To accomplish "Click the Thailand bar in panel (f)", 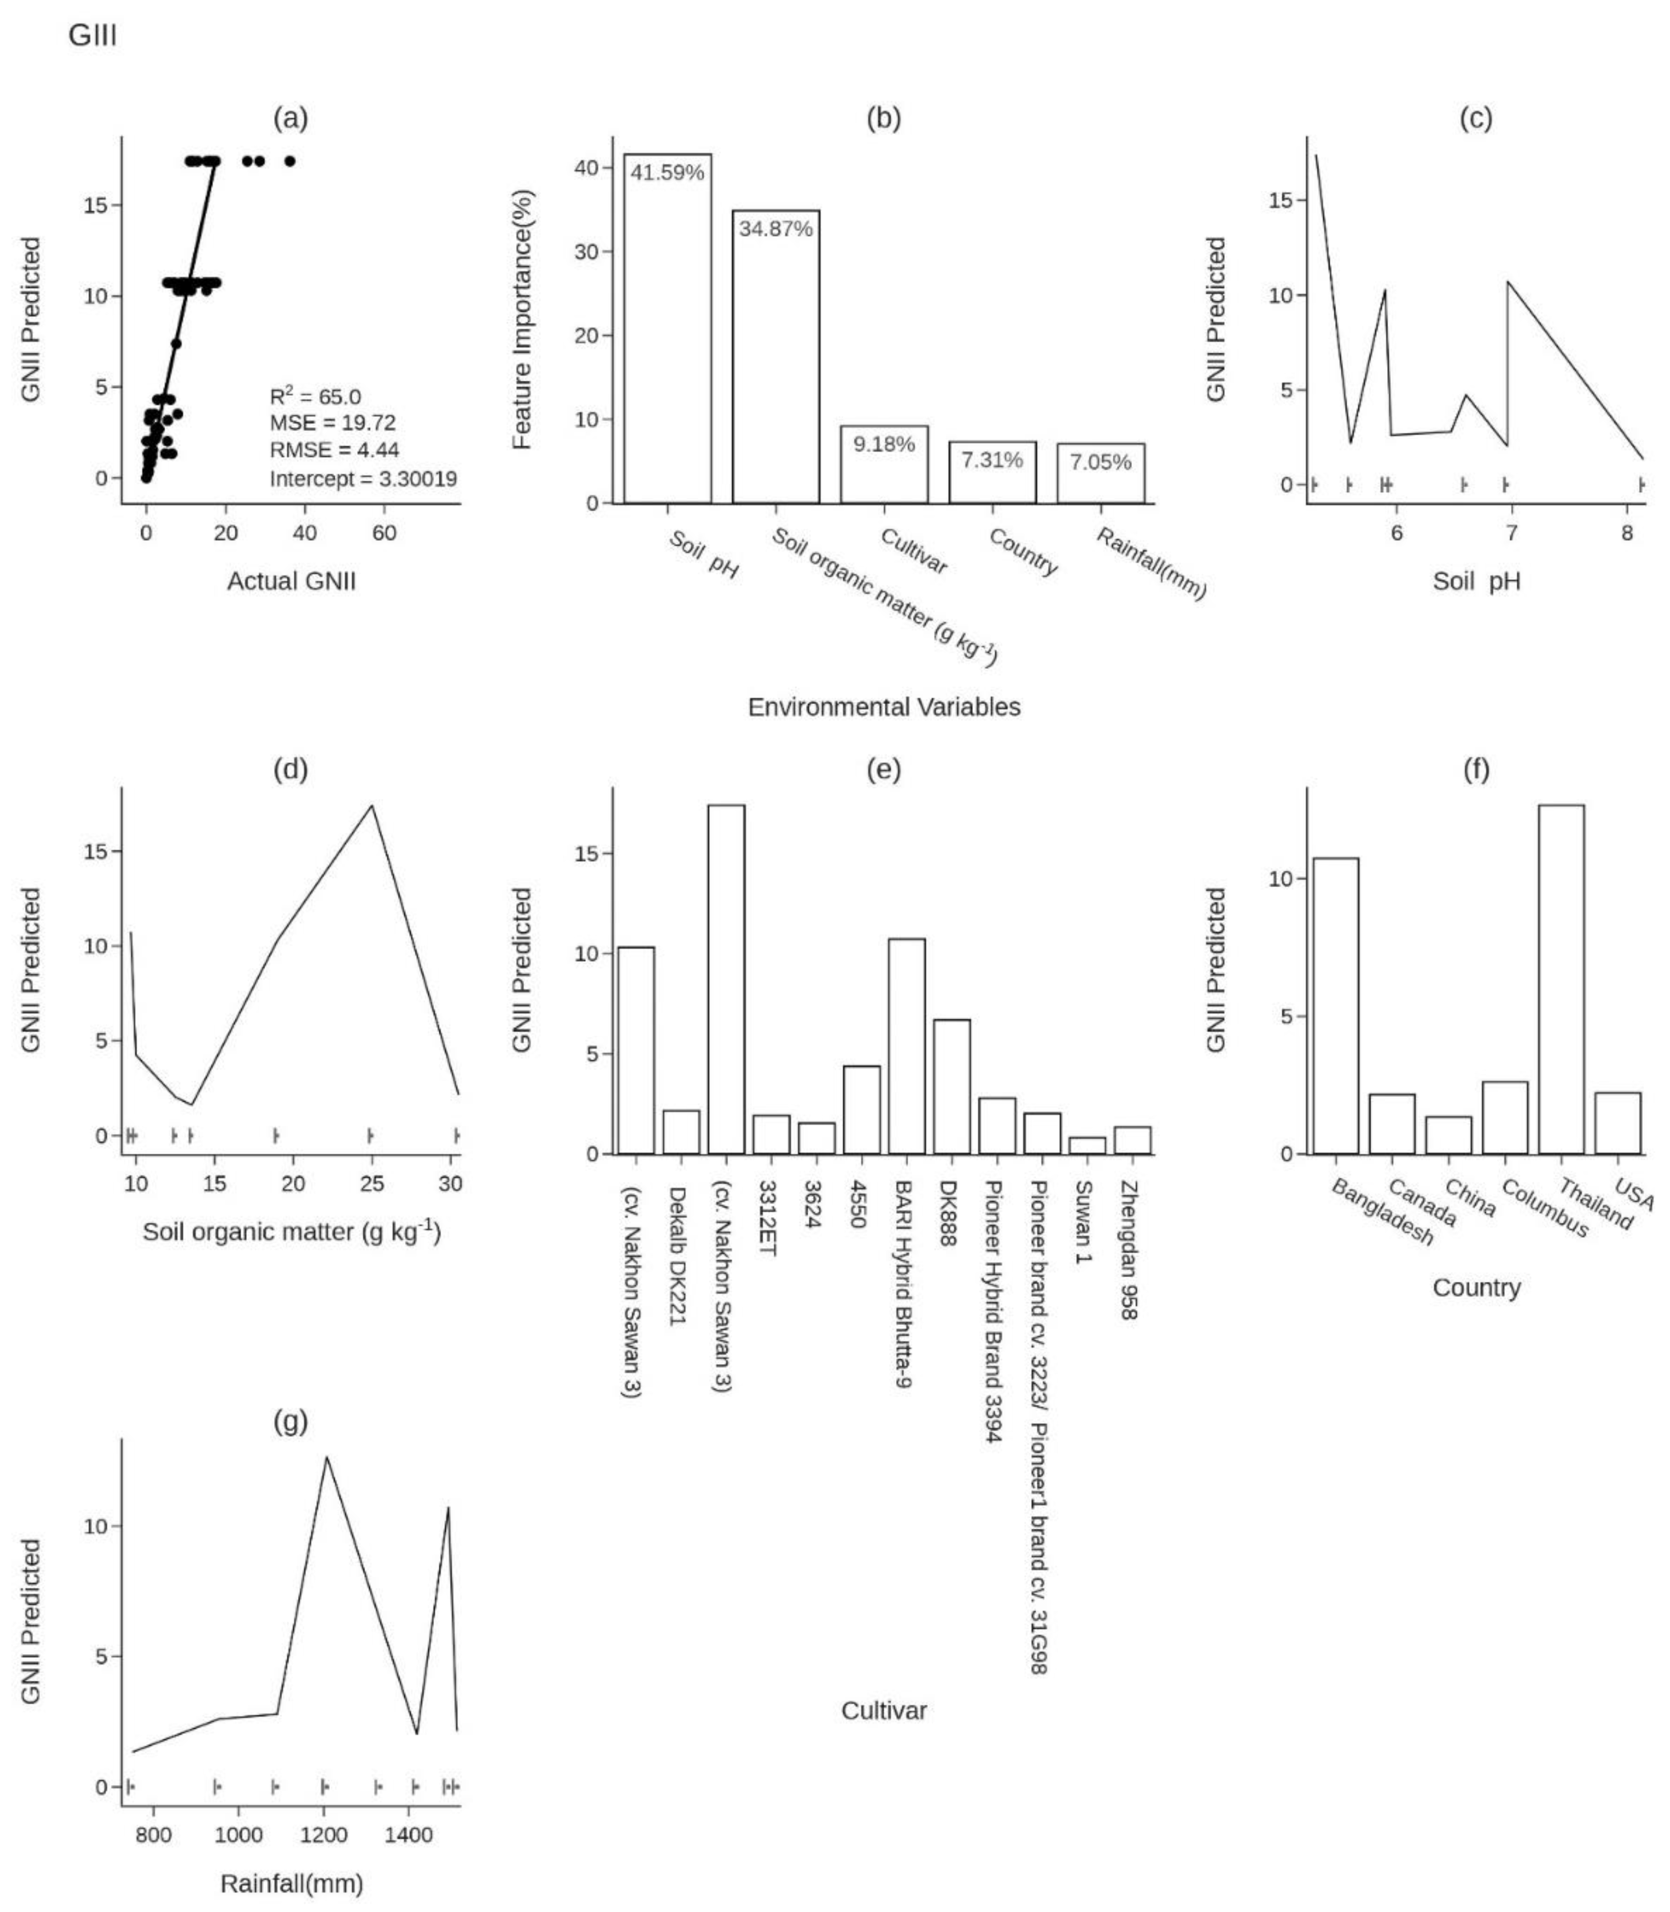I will (1561, 978).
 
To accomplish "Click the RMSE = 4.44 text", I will (335, 450).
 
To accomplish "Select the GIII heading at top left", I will (92, 37).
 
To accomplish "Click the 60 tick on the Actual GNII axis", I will (384, 533).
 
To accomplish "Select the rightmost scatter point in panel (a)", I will (290, 161).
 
